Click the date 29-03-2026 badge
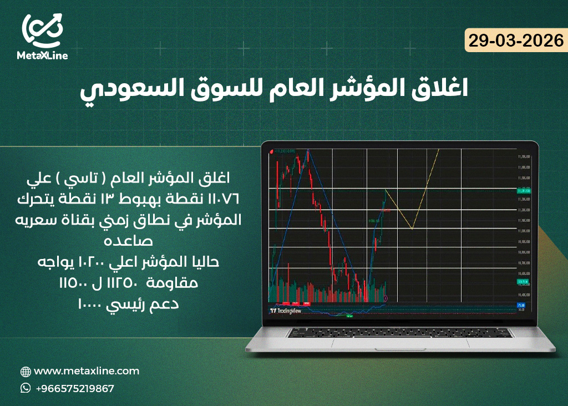click(515, 40)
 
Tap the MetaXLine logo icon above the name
click(42, 30)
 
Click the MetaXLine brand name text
click(42, 56)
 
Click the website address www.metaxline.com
click(87, 371)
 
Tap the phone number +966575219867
click(74, 388)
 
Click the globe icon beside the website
click(26, 372)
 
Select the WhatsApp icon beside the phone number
click(26, 388)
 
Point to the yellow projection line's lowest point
click(412, 228)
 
